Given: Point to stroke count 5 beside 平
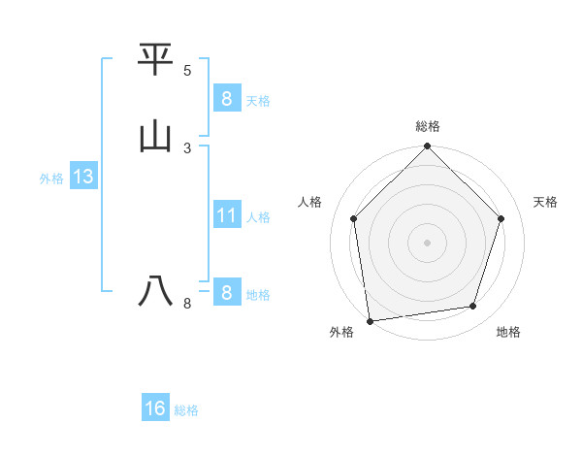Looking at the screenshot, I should point(187,71).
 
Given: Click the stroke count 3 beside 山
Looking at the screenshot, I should point(187,147).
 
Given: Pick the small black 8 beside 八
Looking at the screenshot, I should point(187,304).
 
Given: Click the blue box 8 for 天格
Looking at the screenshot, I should point(226,98).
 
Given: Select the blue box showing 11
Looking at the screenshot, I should point(226,214).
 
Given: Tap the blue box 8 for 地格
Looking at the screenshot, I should point(226,292).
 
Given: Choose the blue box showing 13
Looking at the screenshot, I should point(83,177).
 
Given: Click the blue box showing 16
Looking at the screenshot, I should point(155,408).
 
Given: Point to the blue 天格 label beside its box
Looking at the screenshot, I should point(258,101).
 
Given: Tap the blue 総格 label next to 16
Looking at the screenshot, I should point(186,411).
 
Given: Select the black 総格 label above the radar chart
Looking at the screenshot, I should point(428,126).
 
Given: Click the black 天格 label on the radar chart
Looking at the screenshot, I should point(545,202).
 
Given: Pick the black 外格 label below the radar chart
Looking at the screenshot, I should point(341,333).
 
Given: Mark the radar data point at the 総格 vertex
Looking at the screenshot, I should point(428,147).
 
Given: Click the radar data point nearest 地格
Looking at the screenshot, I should point(473,307).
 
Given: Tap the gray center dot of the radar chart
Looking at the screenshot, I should point(428,242).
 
